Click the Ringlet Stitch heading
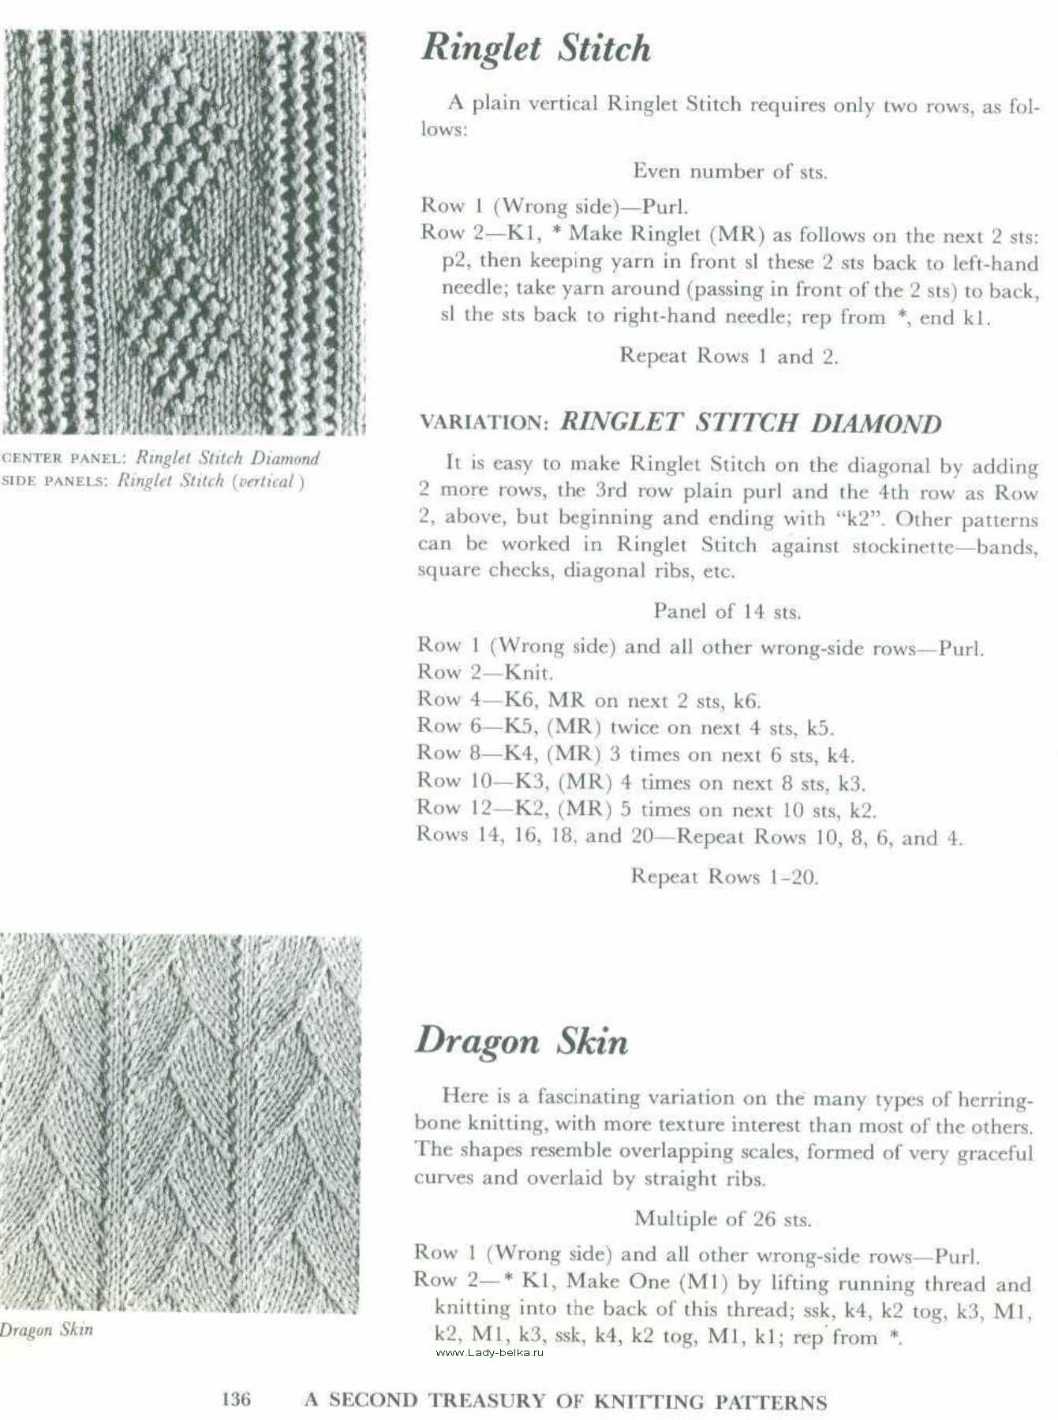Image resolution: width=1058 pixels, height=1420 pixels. coord(536,49)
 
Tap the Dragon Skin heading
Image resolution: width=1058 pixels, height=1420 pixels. coord(522,1041)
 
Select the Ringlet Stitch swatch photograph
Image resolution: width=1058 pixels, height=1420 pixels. coord(185,233)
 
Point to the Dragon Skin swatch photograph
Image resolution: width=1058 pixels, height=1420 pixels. coord(180,1120)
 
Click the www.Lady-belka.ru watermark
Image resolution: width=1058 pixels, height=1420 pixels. coord(489,1352)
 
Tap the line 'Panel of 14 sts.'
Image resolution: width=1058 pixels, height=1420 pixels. coord(727,611)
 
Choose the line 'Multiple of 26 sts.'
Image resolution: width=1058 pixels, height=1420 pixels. coord(723,1219)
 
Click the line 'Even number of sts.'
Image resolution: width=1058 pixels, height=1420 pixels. coord(730,171)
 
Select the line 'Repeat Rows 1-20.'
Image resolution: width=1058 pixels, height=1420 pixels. coord(724,876)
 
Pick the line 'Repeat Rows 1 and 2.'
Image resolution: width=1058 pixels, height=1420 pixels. coord(728,356)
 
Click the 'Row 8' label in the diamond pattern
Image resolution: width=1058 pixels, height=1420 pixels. coord(447,754)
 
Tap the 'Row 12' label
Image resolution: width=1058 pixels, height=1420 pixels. coord(451,809)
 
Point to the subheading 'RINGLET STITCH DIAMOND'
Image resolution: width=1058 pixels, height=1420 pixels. coord(750,423)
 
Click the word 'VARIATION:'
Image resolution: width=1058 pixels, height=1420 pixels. coord(484,423)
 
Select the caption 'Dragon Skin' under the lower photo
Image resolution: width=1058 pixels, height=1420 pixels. coord(47,1329)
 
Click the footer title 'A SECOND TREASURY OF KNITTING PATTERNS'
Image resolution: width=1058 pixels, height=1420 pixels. coord(566,1401)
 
